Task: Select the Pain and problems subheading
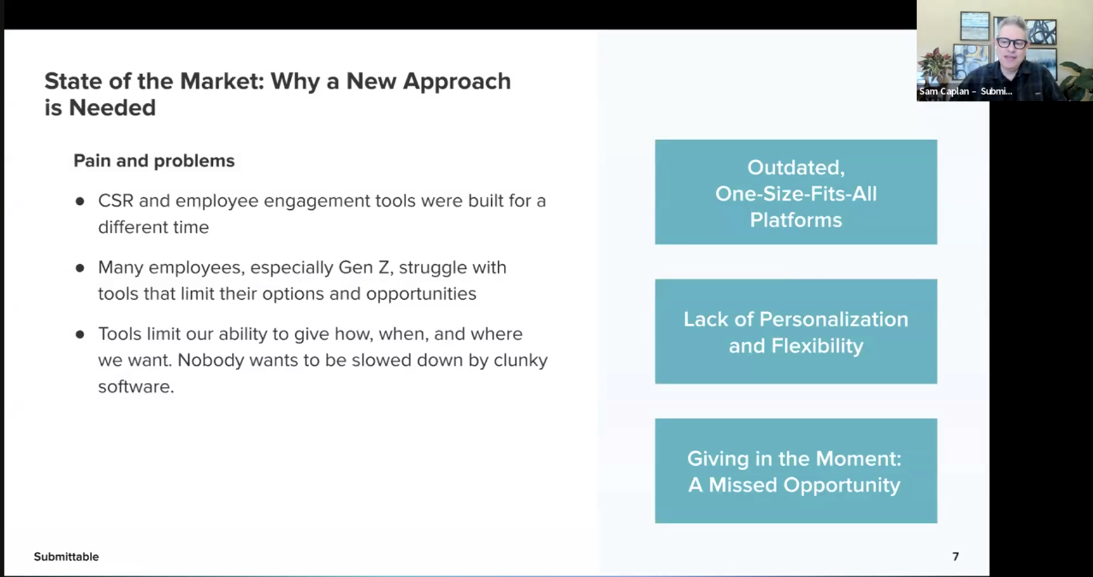click(x=154, y=161)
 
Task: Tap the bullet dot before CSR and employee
click(x=80, y=201)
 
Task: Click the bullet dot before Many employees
click(x=80, y=268)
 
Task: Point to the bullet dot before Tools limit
click(x=80, y=334)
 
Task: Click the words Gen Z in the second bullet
click(x=365, y=268)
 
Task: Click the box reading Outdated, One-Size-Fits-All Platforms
click(x=796, y=192)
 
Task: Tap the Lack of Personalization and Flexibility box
click(x=796, y=332)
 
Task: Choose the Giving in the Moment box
click(x=796, y=471)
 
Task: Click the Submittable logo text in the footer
click(x=66, y=557)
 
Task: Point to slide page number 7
click(x=955, y=557)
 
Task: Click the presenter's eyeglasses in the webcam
click(x=1011, y=43)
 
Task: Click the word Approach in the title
click(x=457, y=82)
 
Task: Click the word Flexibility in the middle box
click(x=817, y=346)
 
